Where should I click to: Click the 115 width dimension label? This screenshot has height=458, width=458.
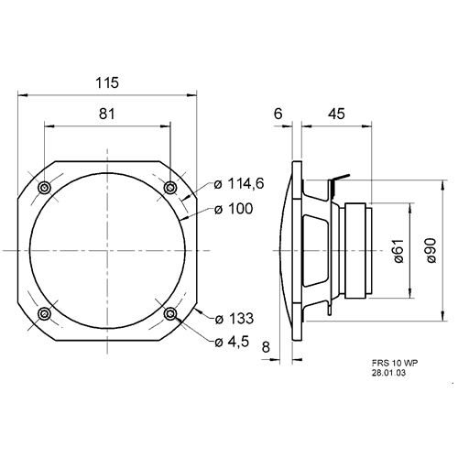[x=107, y=82]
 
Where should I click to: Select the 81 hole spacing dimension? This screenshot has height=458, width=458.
[x=107, y=114]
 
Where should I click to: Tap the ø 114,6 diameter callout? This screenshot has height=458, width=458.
[x=239, y=184]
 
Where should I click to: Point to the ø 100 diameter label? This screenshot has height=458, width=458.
[x=234, y=209]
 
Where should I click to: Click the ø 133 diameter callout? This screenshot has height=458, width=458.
[x=234, y=319]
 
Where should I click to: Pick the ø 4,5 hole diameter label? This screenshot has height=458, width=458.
[x=232, y=342]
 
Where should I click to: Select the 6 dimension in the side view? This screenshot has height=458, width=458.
[x=278, y=114]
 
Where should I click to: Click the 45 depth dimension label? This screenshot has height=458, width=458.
[x=336, y=114]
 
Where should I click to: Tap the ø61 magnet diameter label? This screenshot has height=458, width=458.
[x=398, y=251]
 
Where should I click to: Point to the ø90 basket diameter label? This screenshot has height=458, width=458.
[x=431, y=251]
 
